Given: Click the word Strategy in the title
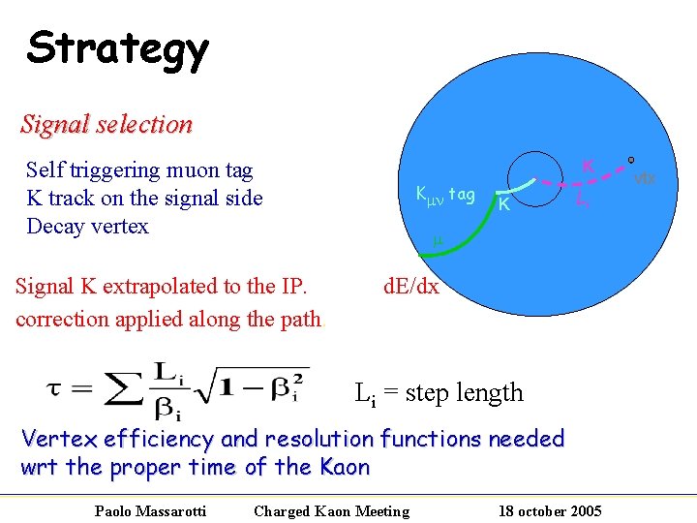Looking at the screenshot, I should pyautogui.click(x=117, y=48).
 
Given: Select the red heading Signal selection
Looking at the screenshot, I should pyautogui.click(x=106, y=124).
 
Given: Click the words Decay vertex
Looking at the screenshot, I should pyautogui.click(x=87, y=227).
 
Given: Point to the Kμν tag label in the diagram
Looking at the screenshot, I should pyautogui.click(x=444, y=195).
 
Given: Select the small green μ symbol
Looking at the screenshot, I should pyautogui.click(x=437, y=240).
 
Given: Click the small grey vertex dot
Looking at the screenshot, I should pyautogui.click(x=630, y=160).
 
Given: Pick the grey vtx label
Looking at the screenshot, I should pyautogui.click(x=645, y=178).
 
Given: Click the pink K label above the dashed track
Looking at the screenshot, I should pyautogui.click(x=587, y=166).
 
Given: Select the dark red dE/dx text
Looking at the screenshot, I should pyautogui.click(x=410, y=286).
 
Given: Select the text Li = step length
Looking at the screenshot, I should pyautogui.click(x=439, y=393).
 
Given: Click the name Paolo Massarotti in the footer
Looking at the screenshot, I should pyautogui.click(x=150, y=510).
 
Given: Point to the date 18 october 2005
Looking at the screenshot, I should pyautogui.click(x=548, y=510).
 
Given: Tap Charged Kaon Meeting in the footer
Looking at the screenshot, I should pyautogui.click(x=331, y=510).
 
